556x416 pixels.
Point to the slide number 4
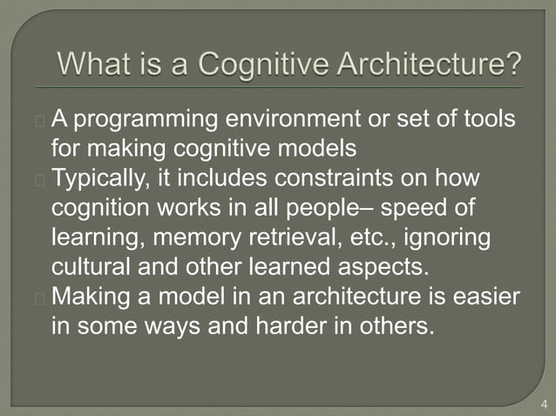point(545,403)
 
